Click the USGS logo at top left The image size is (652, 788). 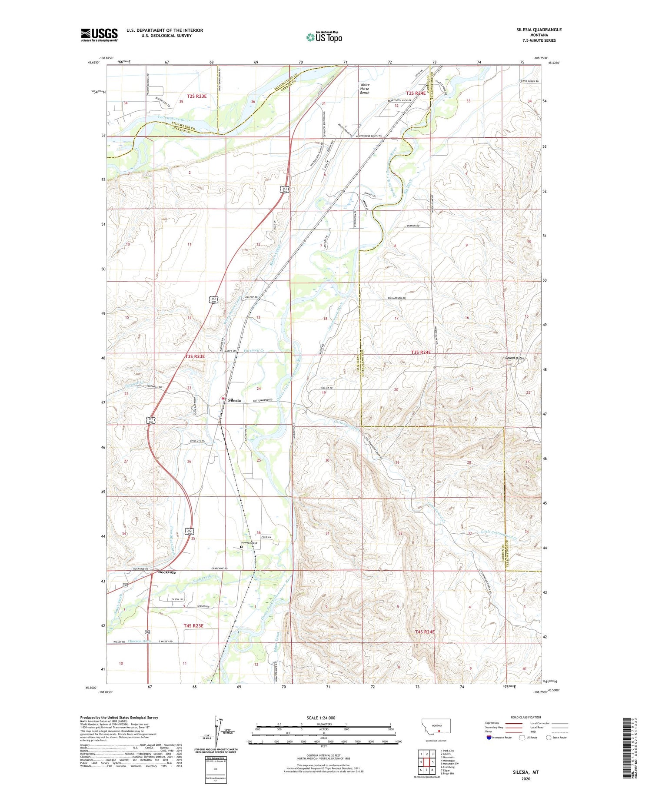[99, 35]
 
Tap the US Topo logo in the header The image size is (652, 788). [324, 37]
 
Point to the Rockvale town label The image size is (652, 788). [167, 572]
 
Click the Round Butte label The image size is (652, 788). [514, 358]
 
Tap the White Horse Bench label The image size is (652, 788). [365, 89]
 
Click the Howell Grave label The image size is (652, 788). [249, 543]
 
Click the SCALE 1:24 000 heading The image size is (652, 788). [321, 718]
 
